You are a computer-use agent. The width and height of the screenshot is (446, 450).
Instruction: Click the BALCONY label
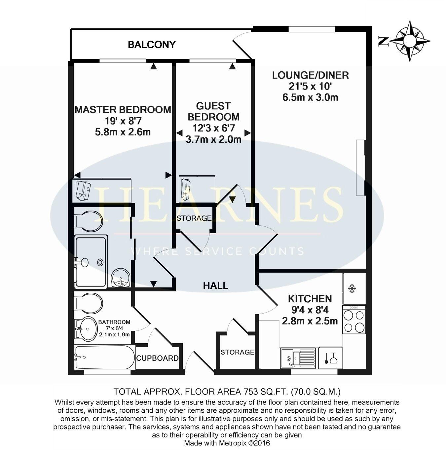(152, 45)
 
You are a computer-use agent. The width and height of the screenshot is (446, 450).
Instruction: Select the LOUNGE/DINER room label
(310, 75)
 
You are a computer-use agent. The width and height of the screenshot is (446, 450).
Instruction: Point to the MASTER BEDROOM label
(123, 110)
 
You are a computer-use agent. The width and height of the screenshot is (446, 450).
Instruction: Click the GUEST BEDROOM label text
(213, 111)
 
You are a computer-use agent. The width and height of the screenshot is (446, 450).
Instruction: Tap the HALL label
(215, 285)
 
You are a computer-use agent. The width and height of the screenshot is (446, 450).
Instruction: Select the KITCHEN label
(310, 299)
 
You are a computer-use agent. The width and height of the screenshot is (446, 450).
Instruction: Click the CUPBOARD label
(157, 358)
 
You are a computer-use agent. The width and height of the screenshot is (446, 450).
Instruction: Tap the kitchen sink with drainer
(298, 358)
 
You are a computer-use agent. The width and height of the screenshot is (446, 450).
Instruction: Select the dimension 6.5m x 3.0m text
(310, 97)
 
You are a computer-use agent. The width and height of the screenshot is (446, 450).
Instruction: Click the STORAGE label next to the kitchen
(237, 352)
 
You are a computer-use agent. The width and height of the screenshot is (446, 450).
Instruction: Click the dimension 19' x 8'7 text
(123, 121)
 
